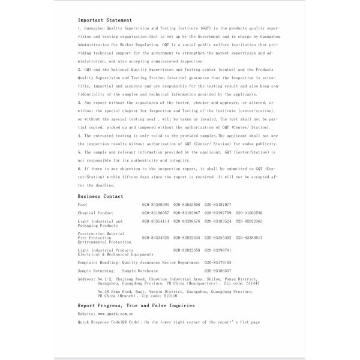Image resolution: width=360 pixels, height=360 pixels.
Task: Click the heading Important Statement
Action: (x=105, y=20)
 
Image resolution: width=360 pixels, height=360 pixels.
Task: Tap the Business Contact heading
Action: (x=100, y=196)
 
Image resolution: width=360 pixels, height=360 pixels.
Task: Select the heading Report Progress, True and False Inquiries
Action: (x=136, y=305)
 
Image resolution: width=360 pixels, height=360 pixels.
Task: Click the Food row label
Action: (x=82, y=205)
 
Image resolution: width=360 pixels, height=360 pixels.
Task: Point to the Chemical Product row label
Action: (x=95, y=213)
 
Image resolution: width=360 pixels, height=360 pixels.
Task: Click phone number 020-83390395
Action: (x=155, y=205)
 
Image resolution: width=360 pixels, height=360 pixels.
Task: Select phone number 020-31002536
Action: (x=249, y=213)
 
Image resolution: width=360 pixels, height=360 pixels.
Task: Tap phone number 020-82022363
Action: (x=249, y=221)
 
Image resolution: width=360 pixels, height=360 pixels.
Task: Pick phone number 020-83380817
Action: (x=249, y=238)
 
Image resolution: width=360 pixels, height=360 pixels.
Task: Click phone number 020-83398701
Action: (x=218, y=250)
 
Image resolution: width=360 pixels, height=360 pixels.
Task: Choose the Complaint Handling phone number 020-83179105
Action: (x=218, y=262)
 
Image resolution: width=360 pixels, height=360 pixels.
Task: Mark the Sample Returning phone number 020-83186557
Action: (x=218, y=271)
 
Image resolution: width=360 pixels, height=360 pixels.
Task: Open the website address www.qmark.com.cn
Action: (x=115, y=314)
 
